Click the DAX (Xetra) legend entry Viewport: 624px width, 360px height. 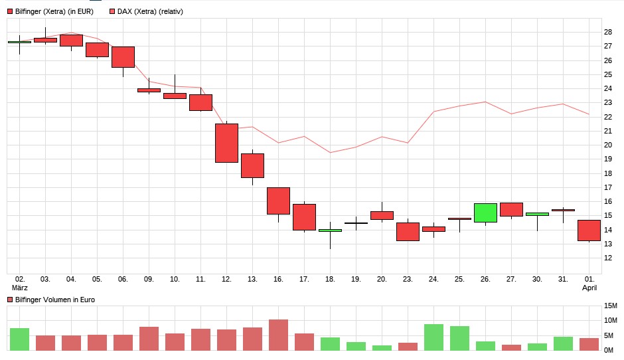coord(149,11)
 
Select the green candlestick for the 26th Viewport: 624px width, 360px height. coord(485,213)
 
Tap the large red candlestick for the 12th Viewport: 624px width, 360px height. coord(226,143)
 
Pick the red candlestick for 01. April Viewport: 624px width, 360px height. coord(589,230)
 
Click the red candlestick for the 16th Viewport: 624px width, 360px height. coord(278,201)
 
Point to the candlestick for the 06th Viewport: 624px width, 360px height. coord(123,57)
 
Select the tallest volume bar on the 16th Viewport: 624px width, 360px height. coord(278,335)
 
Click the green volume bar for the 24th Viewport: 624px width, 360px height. coord(433,337)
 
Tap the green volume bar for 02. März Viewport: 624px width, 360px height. coord(19,339)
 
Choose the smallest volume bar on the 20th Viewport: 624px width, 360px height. coord(382,347)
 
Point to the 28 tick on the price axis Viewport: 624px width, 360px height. coord(607,32)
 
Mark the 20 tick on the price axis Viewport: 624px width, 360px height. coord(607,145)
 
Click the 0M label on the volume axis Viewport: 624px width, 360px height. coord(609,350)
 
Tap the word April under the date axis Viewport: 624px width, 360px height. coord(589,288)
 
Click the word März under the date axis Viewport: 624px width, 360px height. coord(20,288)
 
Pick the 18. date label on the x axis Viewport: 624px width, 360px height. coord(330,279)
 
